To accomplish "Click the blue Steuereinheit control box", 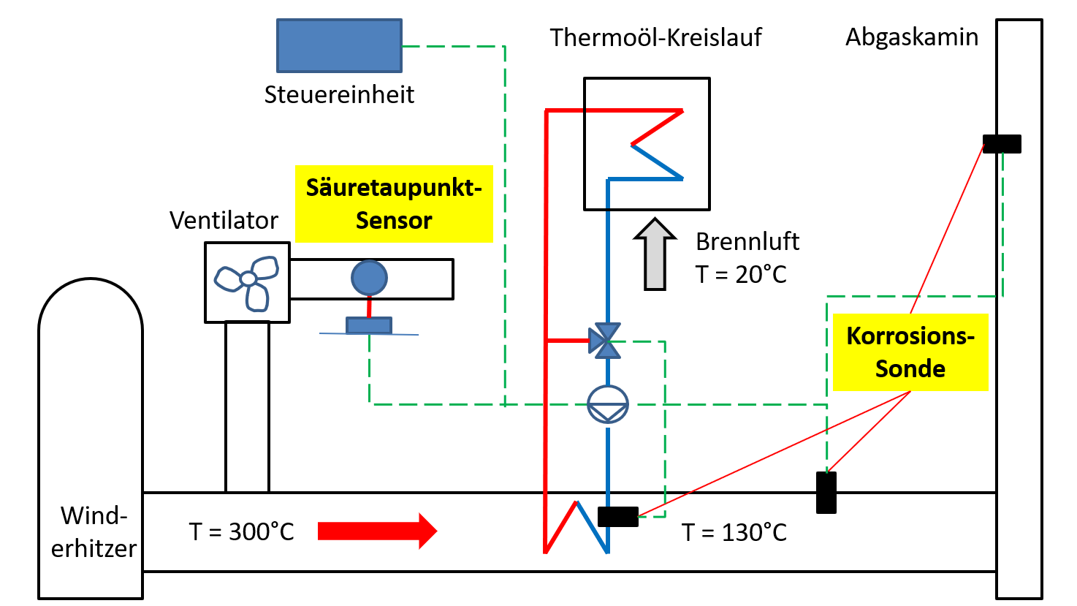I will coord(339,45).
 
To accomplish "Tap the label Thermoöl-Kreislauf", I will coord(655,37).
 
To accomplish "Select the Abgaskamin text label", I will coord(911,37).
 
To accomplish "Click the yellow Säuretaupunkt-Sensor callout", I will coord(394,204).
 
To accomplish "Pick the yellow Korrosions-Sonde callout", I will coord(910,352).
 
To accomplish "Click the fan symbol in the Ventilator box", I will coord(247,281).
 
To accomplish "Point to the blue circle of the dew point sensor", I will coord(369,278).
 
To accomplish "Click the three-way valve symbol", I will coord(605,341).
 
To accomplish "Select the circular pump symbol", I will coord(608,404).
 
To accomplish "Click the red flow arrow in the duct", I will coord(377,531).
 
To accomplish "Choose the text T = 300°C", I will coord(241,531).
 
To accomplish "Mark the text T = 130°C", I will coord(734,532).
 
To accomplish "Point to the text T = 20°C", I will coord(740,274).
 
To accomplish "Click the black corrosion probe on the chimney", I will coord(1002,144).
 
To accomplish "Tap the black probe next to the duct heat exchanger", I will coord(617,517).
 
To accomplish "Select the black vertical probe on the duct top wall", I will coord(826,493).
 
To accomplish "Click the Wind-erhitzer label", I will coord(94,532).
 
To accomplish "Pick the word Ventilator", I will coord(224,220).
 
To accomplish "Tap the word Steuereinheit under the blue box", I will coord(339,94).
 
